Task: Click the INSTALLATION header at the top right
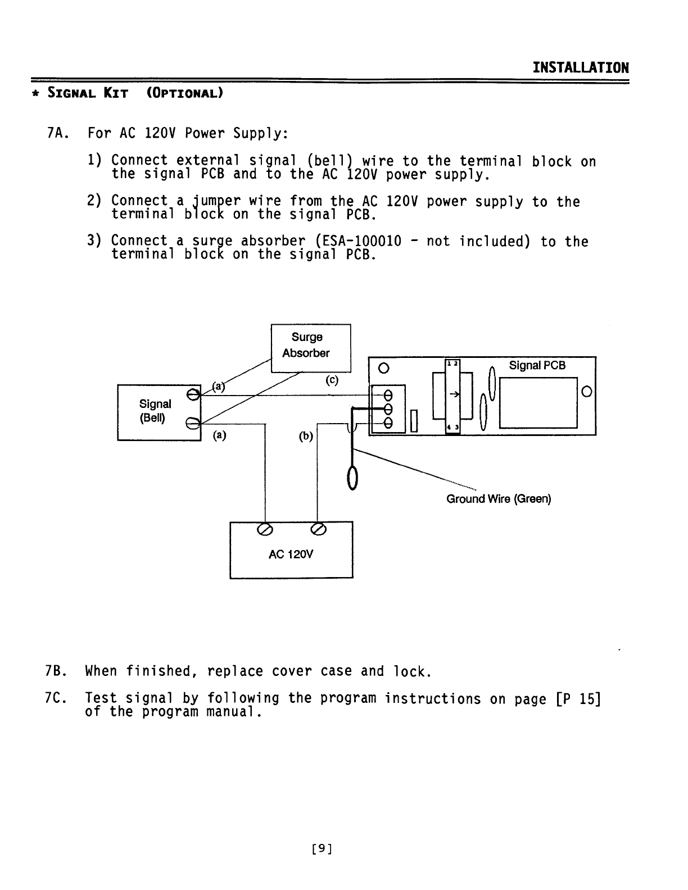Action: point(581,68)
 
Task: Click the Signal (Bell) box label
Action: point(155,411)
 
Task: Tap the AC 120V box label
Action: point(291,555)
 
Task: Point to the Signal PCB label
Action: point(537,366)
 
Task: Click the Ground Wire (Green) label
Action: point(499,499)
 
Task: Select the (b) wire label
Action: point(306,437)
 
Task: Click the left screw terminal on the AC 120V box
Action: point(264,529)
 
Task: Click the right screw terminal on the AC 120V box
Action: point(318,529)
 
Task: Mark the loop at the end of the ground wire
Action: point(353,478)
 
